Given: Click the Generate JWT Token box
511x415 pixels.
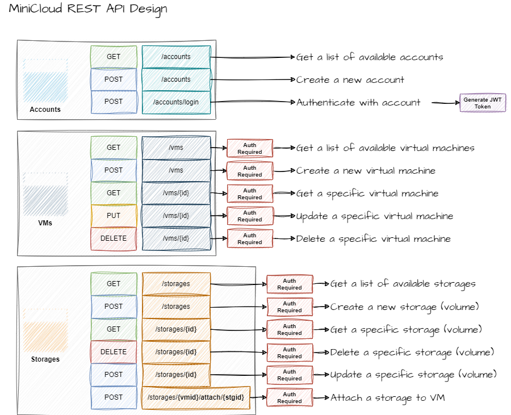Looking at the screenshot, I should point(483,103).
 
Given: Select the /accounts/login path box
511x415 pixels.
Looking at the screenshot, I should point(176,102).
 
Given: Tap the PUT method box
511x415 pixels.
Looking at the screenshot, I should point(114,216).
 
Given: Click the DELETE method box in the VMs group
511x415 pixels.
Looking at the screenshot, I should point(114,238).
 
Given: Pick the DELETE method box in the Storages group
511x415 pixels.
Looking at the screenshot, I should point(114,352).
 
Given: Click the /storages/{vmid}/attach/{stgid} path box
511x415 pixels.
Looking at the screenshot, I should point(196,397).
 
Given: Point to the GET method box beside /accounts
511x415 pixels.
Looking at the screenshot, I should point(114,57).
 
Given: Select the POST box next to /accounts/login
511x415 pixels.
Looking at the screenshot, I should point(114,102).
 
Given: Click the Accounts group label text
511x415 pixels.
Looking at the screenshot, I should point(45,110).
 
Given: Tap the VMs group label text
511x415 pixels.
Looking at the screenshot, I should point(45,223).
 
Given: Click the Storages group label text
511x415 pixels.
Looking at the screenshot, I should point(45,359).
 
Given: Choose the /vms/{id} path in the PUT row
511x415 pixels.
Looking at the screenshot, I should point(176,216).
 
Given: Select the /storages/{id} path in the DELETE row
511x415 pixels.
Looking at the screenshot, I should point(176,352).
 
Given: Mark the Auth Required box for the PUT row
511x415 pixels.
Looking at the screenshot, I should point(250,216).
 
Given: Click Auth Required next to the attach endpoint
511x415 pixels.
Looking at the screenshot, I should point(290,397).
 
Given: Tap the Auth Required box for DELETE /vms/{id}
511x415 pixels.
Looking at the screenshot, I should point(250,238).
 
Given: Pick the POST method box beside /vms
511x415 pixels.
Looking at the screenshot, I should point(114,170).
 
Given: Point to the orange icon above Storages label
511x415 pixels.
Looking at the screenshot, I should point(46,335).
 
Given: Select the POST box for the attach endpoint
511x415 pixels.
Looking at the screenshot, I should point(114,397).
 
